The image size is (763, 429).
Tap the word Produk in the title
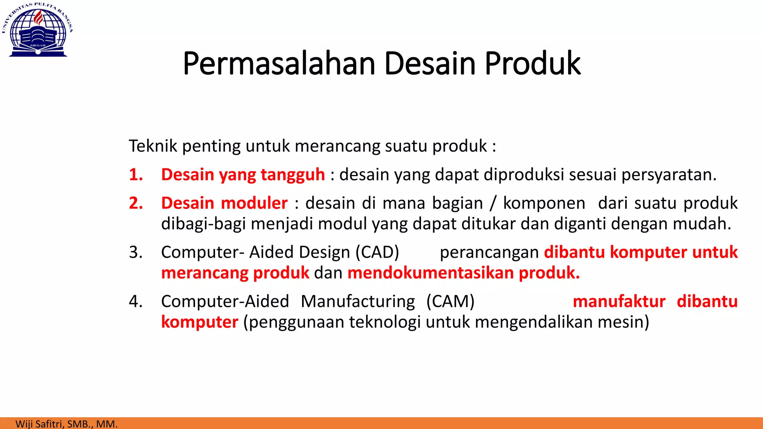click(532, 63)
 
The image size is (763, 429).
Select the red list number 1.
click(136, 175)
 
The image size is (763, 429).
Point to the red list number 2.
click(136, 203)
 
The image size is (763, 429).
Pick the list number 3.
click(136, 252)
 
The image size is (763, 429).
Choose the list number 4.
click(136, 301)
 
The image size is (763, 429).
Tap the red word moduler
click(254, 203)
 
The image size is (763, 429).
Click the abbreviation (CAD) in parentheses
click(377, 252)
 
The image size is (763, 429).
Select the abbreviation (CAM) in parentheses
click(450, 301)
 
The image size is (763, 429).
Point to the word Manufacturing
click(358, 301)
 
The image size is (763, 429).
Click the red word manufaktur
click(619, 301)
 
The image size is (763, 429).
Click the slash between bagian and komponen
click(493, 203)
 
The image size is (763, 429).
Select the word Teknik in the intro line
click(153, 146)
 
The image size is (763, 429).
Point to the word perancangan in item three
click(489, 252)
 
